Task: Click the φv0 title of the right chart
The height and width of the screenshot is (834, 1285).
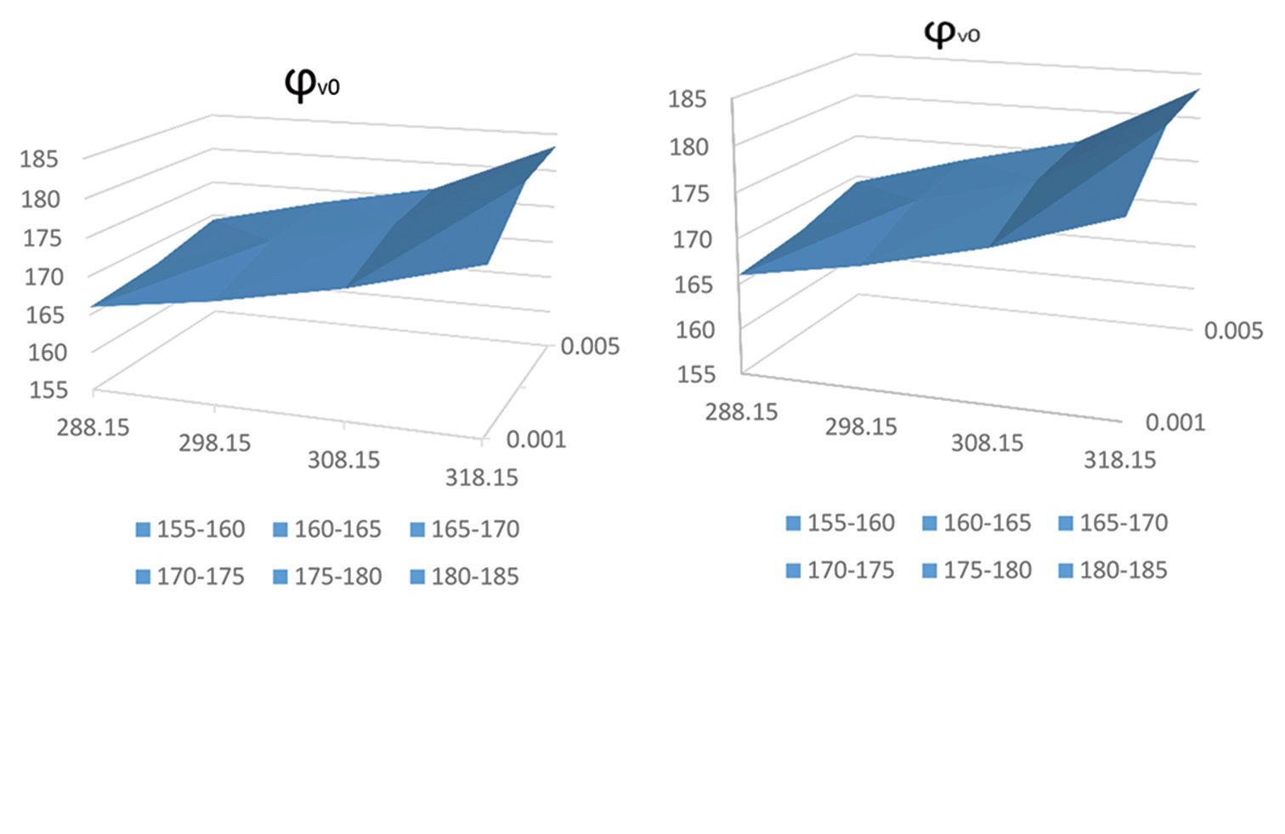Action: tap(952, 34)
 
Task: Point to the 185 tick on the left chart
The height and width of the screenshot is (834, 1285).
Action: tap(40, 159)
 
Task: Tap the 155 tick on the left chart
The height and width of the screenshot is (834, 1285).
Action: tap(48, 390)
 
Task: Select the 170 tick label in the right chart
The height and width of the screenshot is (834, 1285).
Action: tap(693, 239)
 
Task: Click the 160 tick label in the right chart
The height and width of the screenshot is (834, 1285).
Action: tap(695, 330)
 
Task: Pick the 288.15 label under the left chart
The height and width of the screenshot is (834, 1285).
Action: tap(93, 426)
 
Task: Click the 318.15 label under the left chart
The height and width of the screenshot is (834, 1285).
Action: tap(481, 477)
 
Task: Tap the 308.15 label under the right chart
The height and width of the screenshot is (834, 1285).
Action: tap(987, 442)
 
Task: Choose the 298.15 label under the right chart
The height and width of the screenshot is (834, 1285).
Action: tap(861, 426)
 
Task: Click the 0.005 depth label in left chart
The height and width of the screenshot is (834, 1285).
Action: tap(590, 347)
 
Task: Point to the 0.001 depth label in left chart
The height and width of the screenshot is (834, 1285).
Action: tap(535, 439)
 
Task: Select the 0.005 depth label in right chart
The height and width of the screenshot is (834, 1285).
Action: tap(1233, 330)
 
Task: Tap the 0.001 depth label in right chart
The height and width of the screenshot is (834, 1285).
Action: tap(1175, 422)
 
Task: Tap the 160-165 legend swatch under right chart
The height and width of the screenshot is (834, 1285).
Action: tap(930, 523)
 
